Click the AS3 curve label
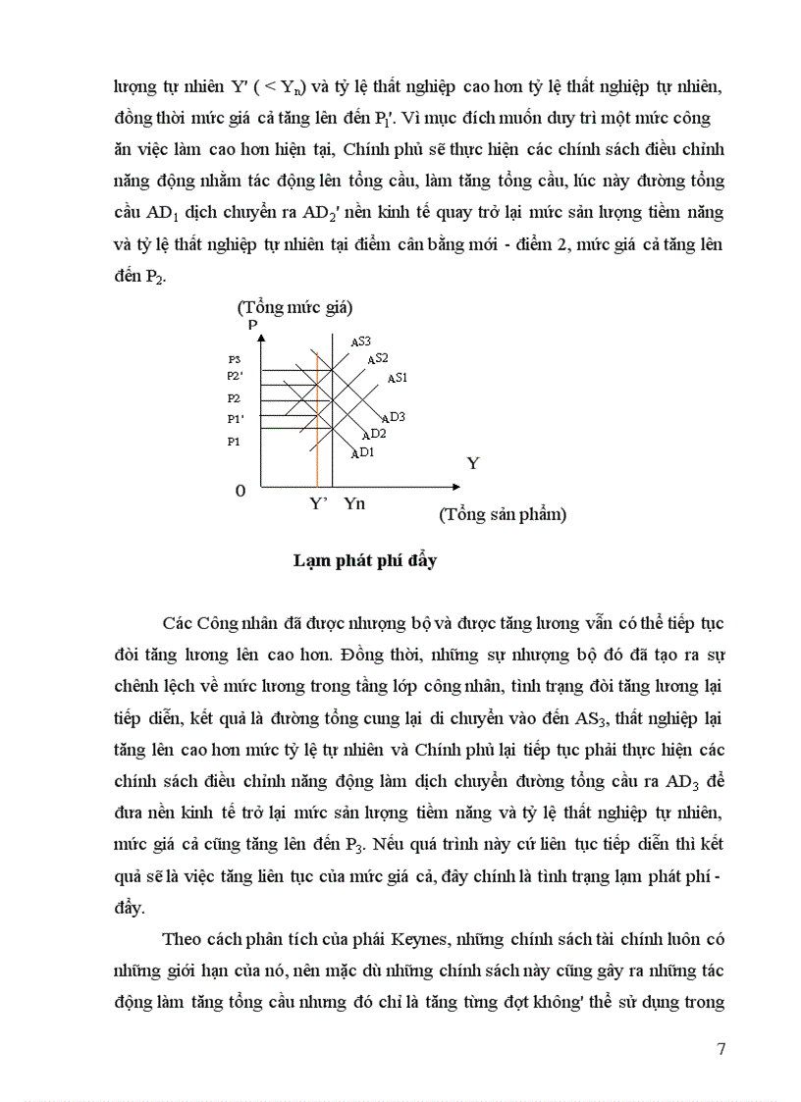click(x=360, y=341)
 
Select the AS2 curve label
click(x=378, y=359)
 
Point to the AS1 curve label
click(x=398, y=378)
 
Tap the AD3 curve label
click(x=393, y=417)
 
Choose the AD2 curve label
click(x=373, y=434)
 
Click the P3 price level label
click(x=234, y=360)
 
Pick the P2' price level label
click(x=235, y=376)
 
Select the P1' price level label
click(x=235, y=419)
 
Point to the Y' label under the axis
click(x=318, y=503)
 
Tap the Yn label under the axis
click(x=354, y=503)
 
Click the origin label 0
click(x=240, y=490)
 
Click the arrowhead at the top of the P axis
click(x=260, y=338)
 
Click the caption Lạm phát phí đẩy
click(x=365, y=562)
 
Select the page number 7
click(x=721, y=1049)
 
